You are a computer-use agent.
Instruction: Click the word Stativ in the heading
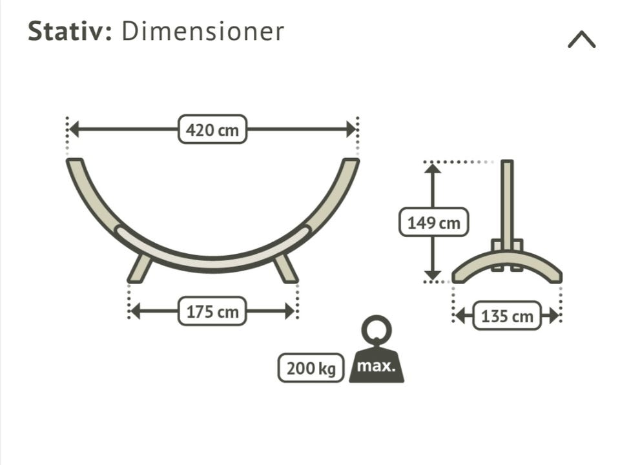click(x=70, y=31)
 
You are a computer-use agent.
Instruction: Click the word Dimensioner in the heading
click(x=203, y=31)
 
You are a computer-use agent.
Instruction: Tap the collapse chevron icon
click(x=582, y=39)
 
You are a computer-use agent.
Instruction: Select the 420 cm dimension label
click(x=212, y=129)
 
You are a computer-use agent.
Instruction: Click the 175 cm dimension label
click(x=212, y=311)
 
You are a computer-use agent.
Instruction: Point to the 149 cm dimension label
click(x=434, y=222)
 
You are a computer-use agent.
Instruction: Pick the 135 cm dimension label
click(x=507, y=316)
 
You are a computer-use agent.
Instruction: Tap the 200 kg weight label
click(x=311, y=368)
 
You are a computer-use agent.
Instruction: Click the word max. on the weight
click(x=376, y=366)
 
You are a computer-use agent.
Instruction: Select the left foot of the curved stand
click(x=139, y=269)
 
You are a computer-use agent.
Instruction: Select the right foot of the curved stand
click(x=285, y=269)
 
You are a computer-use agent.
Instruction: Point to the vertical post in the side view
click(x=507, y=205)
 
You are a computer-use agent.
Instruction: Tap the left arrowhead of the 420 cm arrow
click(x=74, y=129)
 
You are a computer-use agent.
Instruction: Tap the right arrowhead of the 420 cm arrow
click(x=351, y=129)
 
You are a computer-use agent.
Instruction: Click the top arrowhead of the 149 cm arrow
click(x=433, y=169)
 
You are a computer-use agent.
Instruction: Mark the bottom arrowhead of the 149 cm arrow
click(x=433, y=276)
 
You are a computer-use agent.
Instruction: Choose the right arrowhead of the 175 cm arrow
click(x=290, y=311)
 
